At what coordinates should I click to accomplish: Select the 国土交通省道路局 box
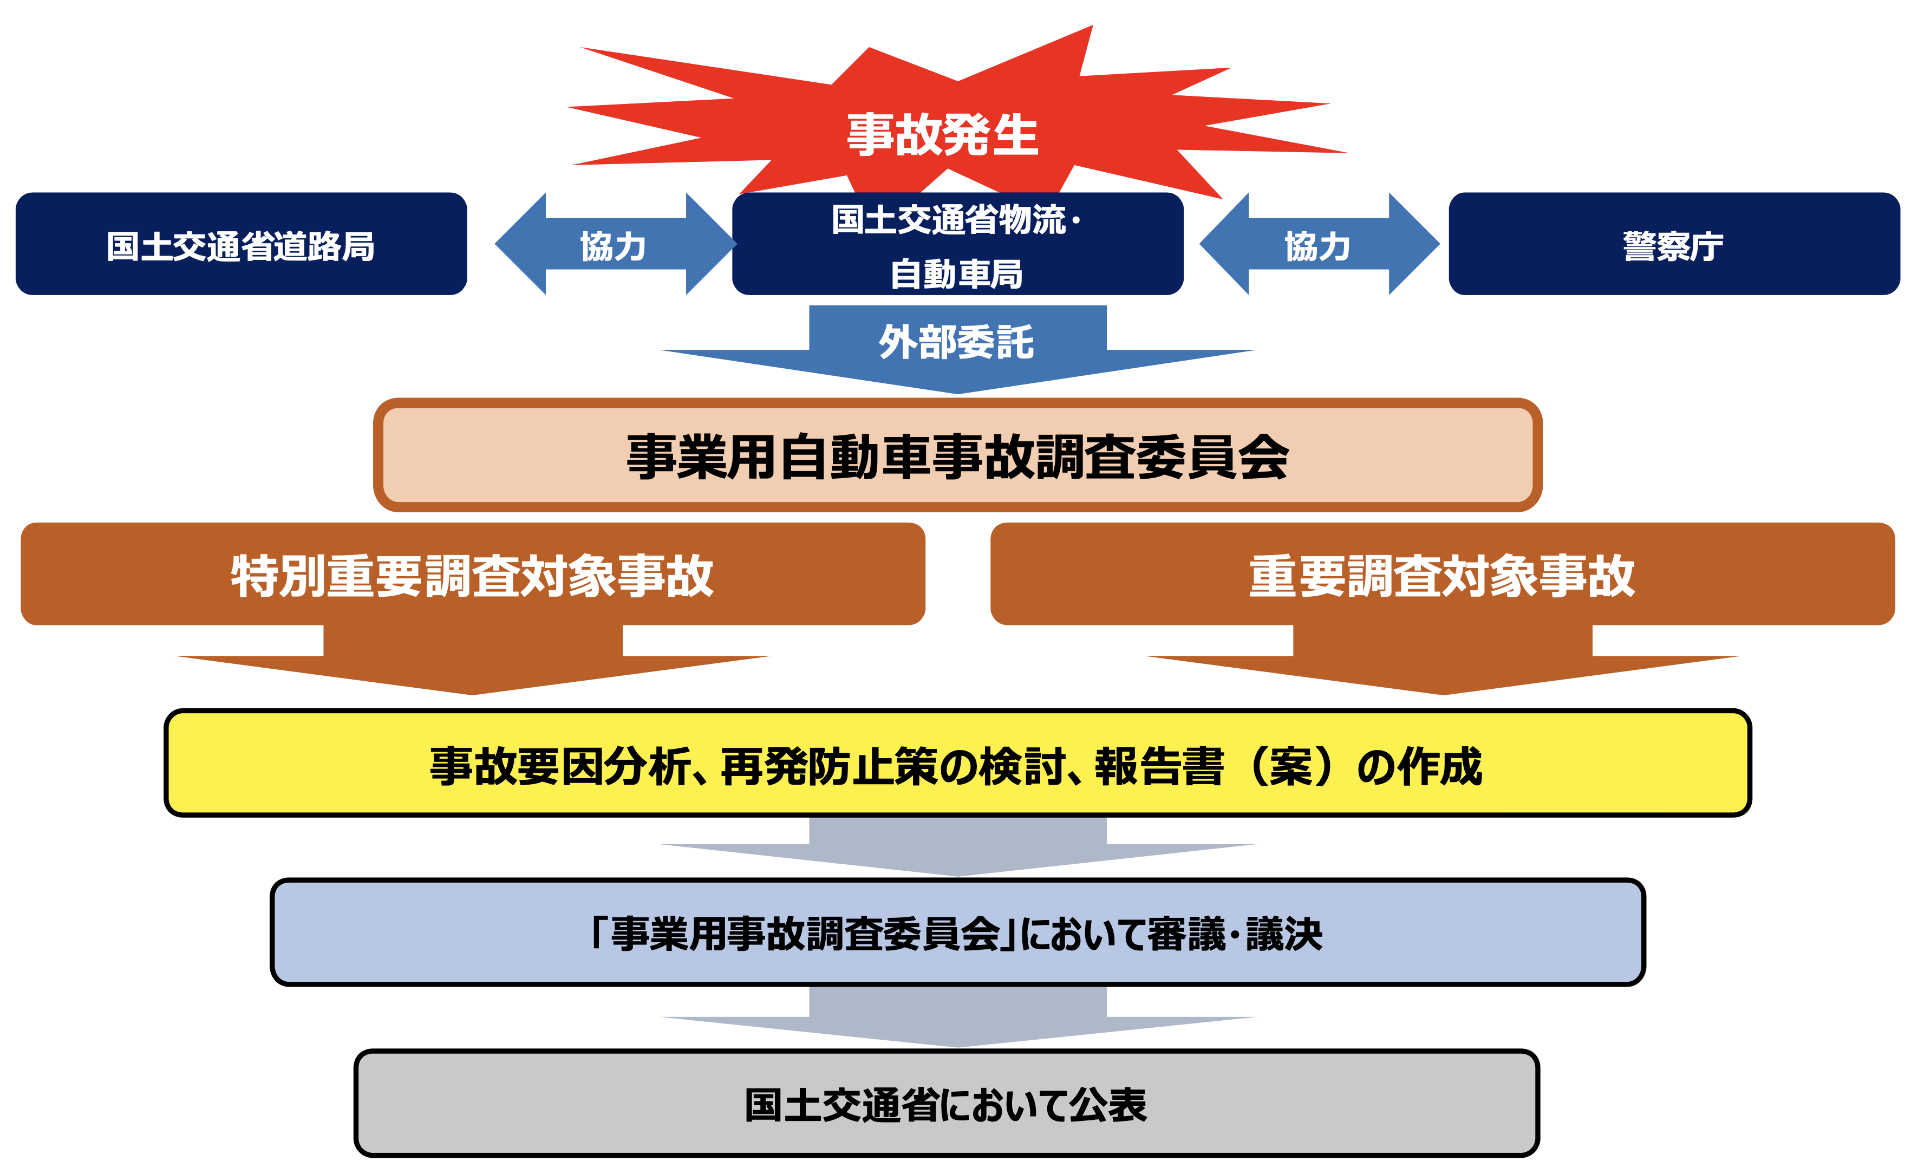click(x=242, y=244)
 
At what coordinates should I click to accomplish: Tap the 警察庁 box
click(x=1674, y=244)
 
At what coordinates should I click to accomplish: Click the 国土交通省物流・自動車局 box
click(x=957, y=244)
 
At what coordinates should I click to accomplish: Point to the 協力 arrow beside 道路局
click(x=615, y=244)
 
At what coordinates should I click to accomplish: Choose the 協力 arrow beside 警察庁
click(x=1320, y=244)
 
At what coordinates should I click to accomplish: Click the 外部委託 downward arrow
click(x=957, y=349)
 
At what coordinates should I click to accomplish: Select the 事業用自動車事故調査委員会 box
click(x=957, y=455)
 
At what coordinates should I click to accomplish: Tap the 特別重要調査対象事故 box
click(x=473, y=574)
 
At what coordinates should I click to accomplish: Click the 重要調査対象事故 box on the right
click(x=1443, y=574)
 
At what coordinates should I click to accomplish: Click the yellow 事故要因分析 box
click(x=957, y=763)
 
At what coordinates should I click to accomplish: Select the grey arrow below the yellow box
click(x=957, y=847)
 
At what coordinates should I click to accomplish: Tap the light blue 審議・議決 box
click(x=957, y=932)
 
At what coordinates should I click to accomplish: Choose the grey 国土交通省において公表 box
click(x=947, y=1103)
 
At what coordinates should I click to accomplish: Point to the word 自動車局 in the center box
click(x=957, y=274)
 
